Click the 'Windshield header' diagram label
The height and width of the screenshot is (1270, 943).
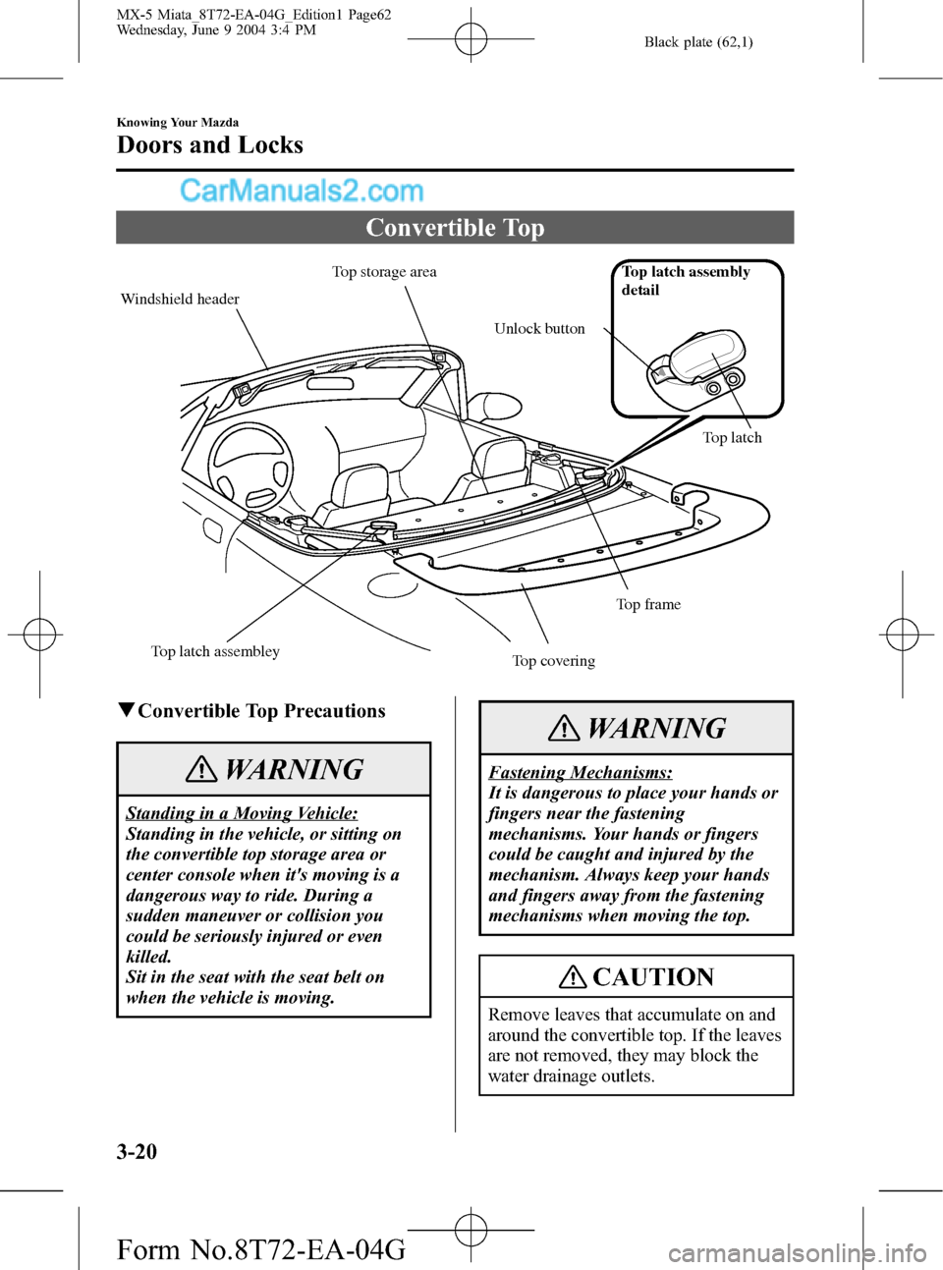[180, 300]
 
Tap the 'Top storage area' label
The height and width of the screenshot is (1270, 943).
[384, 272]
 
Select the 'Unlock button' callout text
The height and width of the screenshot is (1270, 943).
[539, 329]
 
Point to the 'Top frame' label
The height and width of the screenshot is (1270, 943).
[648, 605]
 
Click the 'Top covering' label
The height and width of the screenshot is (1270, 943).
[553, 661]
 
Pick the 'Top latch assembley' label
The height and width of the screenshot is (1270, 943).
[215, 651]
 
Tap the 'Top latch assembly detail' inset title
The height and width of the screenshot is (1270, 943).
[685, 281]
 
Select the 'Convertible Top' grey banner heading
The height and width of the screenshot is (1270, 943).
[455, 228]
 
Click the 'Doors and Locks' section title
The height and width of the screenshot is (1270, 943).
[210, 145]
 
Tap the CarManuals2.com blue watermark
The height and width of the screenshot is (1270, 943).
[301, 191]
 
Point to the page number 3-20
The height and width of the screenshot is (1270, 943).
[137, 1151]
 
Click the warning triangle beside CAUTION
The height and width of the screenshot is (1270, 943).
[573, 977]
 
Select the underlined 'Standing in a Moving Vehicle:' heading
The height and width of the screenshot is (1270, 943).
[242, 813]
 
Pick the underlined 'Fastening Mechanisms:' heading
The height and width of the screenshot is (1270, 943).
[581, 773]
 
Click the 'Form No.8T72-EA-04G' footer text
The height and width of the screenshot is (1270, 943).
[260, 1249]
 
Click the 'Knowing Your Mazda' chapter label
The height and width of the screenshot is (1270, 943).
[178, 123]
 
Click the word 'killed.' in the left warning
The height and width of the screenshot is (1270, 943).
[149, 957]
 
